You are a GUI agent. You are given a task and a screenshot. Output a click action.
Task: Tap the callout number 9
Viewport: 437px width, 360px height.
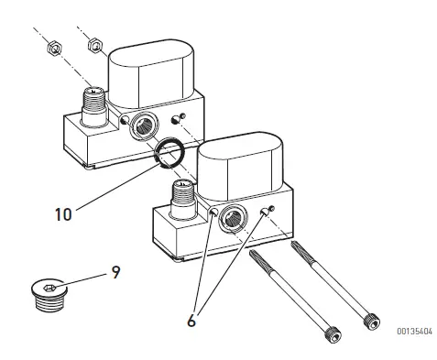coord(115,272)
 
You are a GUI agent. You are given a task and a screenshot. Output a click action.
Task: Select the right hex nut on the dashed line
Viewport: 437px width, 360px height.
coord(93,45)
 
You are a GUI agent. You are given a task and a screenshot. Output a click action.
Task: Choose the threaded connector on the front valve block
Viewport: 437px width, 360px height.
coord(181,195)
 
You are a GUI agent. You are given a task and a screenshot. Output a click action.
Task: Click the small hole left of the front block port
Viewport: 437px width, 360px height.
coord(213,213)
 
